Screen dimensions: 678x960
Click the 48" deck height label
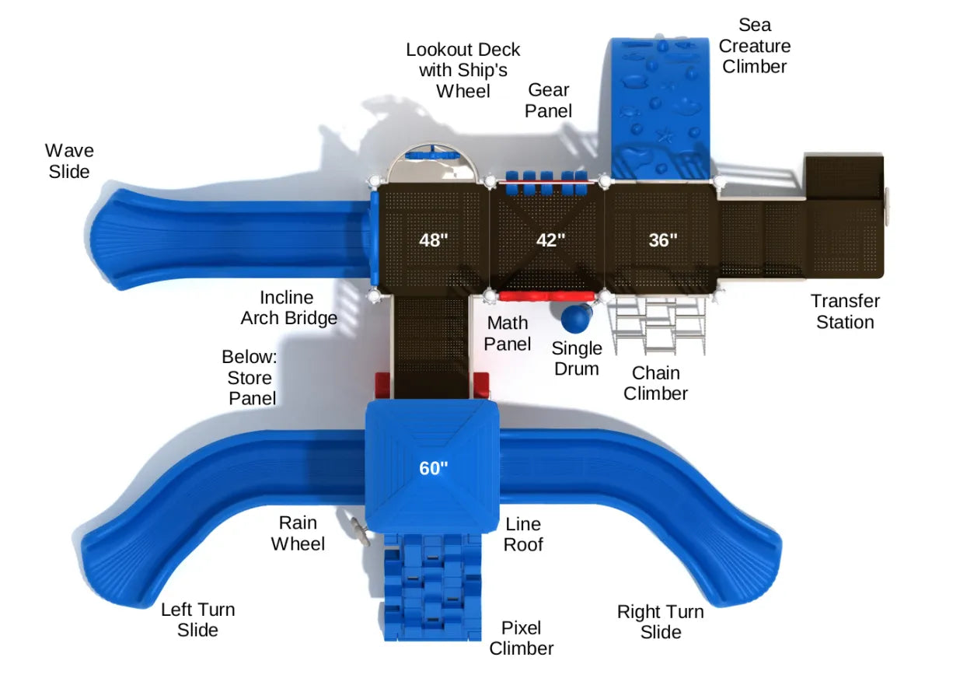click(x=433, y=240)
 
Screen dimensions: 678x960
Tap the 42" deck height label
click(x=550, y=240)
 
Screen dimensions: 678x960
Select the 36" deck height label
click(x=663, y=240)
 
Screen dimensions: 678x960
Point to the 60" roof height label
click(x=433, y=468)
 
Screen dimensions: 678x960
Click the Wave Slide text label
click(x=69, y=161)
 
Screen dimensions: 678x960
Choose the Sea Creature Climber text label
click(x=753, y=46)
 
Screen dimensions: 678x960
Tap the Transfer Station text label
click(x=844, y=311)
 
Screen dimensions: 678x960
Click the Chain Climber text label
click(x=655, y=383)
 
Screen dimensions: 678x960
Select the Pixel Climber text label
click(x=521, y=638)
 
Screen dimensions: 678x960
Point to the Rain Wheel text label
click(x=298, y=533)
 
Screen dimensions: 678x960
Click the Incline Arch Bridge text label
click(x=288, y=307)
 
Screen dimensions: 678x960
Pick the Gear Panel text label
click(x=548, y=100)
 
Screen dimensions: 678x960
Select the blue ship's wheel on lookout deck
click(x=435, y=154)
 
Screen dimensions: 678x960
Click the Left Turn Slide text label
click(x=197, y=620)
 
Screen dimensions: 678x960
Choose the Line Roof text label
click(x=522, y=534)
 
